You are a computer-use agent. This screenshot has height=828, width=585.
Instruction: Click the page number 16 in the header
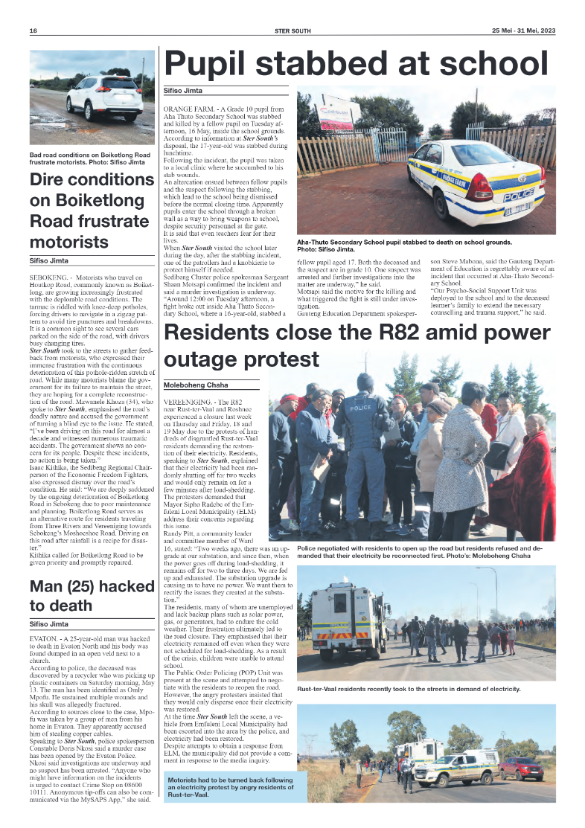(33, 31)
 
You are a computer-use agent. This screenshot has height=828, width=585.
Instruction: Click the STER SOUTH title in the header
(292, 31)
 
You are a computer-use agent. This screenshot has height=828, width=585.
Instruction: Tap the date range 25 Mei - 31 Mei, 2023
(523, 31)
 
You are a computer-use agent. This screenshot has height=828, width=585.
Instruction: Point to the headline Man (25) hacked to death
(92, 596)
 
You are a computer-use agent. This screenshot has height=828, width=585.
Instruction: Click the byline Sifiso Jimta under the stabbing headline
(182, 89)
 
